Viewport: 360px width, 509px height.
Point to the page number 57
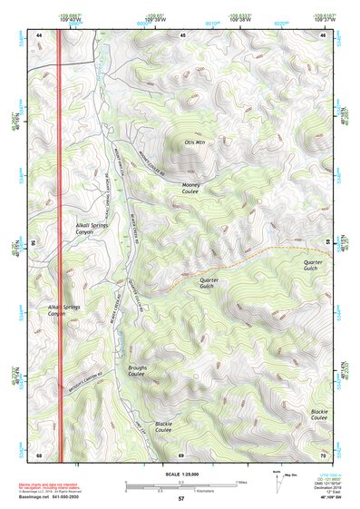(x=180, y=500)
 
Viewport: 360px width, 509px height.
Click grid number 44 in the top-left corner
(x=40, y=34)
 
